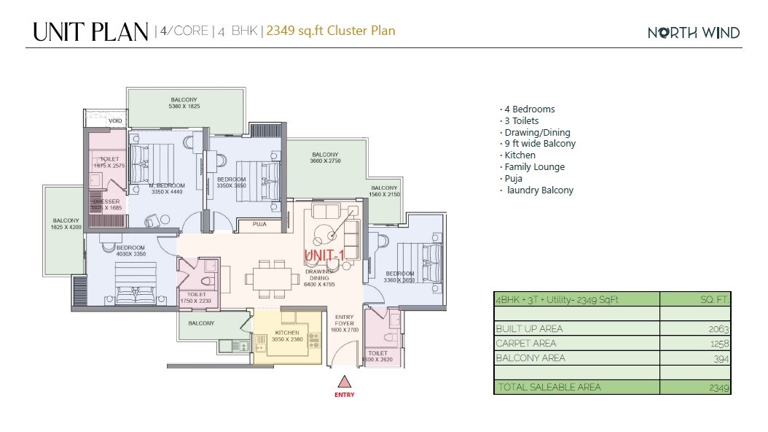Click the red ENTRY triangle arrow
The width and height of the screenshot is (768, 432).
click(345, 382)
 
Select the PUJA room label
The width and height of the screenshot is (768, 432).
click(259, 224)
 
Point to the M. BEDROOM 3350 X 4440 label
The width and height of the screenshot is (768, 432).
click(167, 189)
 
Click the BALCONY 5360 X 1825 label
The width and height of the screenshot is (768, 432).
click(184, 103)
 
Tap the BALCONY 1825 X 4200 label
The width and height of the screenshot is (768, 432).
click(66, 223)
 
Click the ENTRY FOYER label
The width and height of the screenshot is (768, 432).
click(345, 323)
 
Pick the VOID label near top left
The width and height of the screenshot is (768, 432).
click(116, 121)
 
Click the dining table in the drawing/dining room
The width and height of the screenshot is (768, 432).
click(267, 277)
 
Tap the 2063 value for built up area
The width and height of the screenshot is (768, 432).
click(718, 329)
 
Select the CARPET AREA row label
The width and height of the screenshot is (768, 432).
click(525, 343)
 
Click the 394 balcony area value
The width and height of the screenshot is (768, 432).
click(721, 358)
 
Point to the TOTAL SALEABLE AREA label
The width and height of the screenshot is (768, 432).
click(548, 387)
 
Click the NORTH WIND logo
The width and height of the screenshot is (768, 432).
click(694, 32)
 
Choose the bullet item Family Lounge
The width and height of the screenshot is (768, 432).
click(534, 167)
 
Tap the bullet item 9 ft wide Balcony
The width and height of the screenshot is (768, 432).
click(539, 144)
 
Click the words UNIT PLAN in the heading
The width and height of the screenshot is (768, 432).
click(90, 31)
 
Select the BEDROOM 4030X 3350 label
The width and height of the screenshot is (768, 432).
click(130, 251)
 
